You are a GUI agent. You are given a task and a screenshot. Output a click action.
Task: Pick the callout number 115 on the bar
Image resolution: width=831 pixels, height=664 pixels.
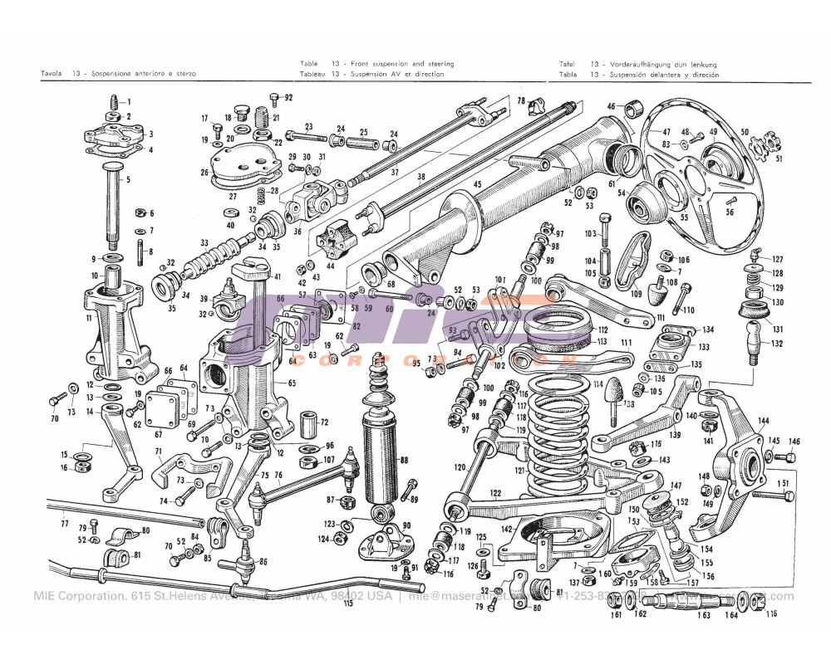(347, 603)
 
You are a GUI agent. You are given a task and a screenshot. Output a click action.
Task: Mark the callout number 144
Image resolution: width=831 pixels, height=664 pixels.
(763, 422)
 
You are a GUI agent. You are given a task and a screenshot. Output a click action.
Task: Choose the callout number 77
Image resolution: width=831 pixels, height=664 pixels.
(64, 525)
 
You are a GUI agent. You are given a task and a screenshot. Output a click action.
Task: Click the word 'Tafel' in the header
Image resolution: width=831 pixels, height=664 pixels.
(569, 64)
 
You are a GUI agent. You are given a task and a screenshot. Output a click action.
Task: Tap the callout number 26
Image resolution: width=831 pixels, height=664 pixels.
(204, 173)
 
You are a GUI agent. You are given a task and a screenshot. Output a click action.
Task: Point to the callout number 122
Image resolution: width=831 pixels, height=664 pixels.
(495, 493)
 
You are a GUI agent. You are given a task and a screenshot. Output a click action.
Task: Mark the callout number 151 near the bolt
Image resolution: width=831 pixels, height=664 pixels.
(782, 483)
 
